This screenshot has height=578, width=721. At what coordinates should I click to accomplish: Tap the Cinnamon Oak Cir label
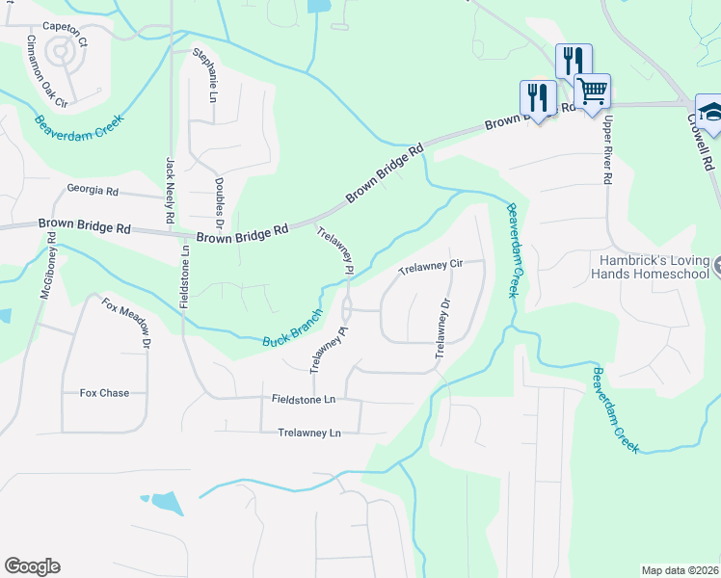pos(45,72)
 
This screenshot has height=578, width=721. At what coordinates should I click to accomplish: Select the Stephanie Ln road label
pos(205,75)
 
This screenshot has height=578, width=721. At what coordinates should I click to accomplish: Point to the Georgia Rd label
pos(93,191)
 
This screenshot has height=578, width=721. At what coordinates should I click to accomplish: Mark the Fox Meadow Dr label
pos(127,323)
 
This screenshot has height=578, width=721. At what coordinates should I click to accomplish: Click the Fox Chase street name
pos(103,393)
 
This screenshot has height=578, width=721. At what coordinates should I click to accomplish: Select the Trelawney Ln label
pos(308,433)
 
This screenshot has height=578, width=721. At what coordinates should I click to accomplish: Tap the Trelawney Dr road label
pos(442,328)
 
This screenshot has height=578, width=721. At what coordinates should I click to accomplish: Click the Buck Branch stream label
pos(292,332)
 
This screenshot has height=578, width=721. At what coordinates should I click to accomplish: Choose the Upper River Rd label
pos(607,150)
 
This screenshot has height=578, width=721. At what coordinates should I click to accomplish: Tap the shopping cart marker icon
pos(593,92)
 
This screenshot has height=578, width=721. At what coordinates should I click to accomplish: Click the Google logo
pos(32,566)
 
